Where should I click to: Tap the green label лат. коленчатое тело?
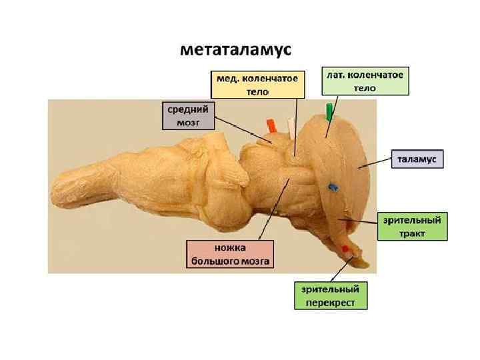point(365,80)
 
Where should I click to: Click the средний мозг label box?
point(188,115)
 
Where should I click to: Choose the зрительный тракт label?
point(412,227)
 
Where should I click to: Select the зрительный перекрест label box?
point(331,295)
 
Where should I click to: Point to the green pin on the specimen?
point(328,111)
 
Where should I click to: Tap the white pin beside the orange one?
point(289,126)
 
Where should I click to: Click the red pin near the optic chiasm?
point(345,248)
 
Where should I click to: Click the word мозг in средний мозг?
point(188,122)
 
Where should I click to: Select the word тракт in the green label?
point(412,233)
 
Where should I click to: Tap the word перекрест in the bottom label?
point(331,302)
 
